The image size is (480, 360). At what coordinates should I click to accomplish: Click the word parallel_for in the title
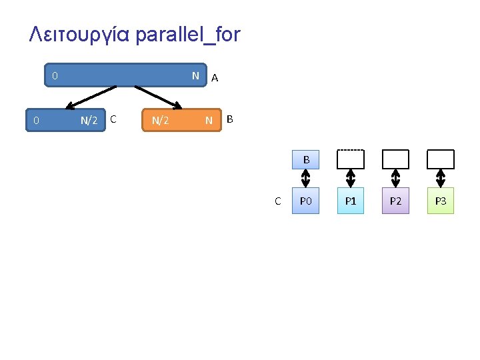(x=187, y=35)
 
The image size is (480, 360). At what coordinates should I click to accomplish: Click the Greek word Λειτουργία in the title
(x=79, y=35)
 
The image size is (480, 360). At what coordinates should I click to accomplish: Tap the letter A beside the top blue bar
(x=215, y=78)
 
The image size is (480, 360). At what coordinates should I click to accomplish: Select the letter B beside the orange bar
(x=230, y=119)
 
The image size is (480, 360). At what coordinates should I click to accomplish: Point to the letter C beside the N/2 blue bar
(x=114, y=119)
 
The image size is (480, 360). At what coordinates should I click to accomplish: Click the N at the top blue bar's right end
(x=195, y=76)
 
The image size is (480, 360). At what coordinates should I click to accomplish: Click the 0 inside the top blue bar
(x=55, y=76)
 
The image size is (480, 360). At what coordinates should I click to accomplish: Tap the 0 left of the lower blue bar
(x=37, y=121)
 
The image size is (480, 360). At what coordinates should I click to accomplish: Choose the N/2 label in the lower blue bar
(x=89, y=121)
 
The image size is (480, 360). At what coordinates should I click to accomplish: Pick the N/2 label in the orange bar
(x=160, y=121)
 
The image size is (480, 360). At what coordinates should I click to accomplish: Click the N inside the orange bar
(x=209, y=121)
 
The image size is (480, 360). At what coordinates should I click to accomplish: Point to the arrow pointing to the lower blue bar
(x=91, y=97)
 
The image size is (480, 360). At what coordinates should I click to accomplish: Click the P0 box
(x=306, y=201)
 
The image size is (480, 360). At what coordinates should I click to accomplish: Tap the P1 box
(x=351, y=201)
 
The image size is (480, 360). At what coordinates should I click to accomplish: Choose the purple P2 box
(x=395, y=201)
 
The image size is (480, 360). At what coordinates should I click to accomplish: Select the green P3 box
(x=440, y=201)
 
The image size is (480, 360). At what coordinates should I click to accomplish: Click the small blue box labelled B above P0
(x=306, y=160)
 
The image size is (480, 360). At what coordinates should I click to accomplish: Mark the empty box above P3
(x=440, y=159)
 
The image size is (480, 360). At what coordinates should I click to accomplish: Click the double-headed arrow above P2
(x=395, y=178)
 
